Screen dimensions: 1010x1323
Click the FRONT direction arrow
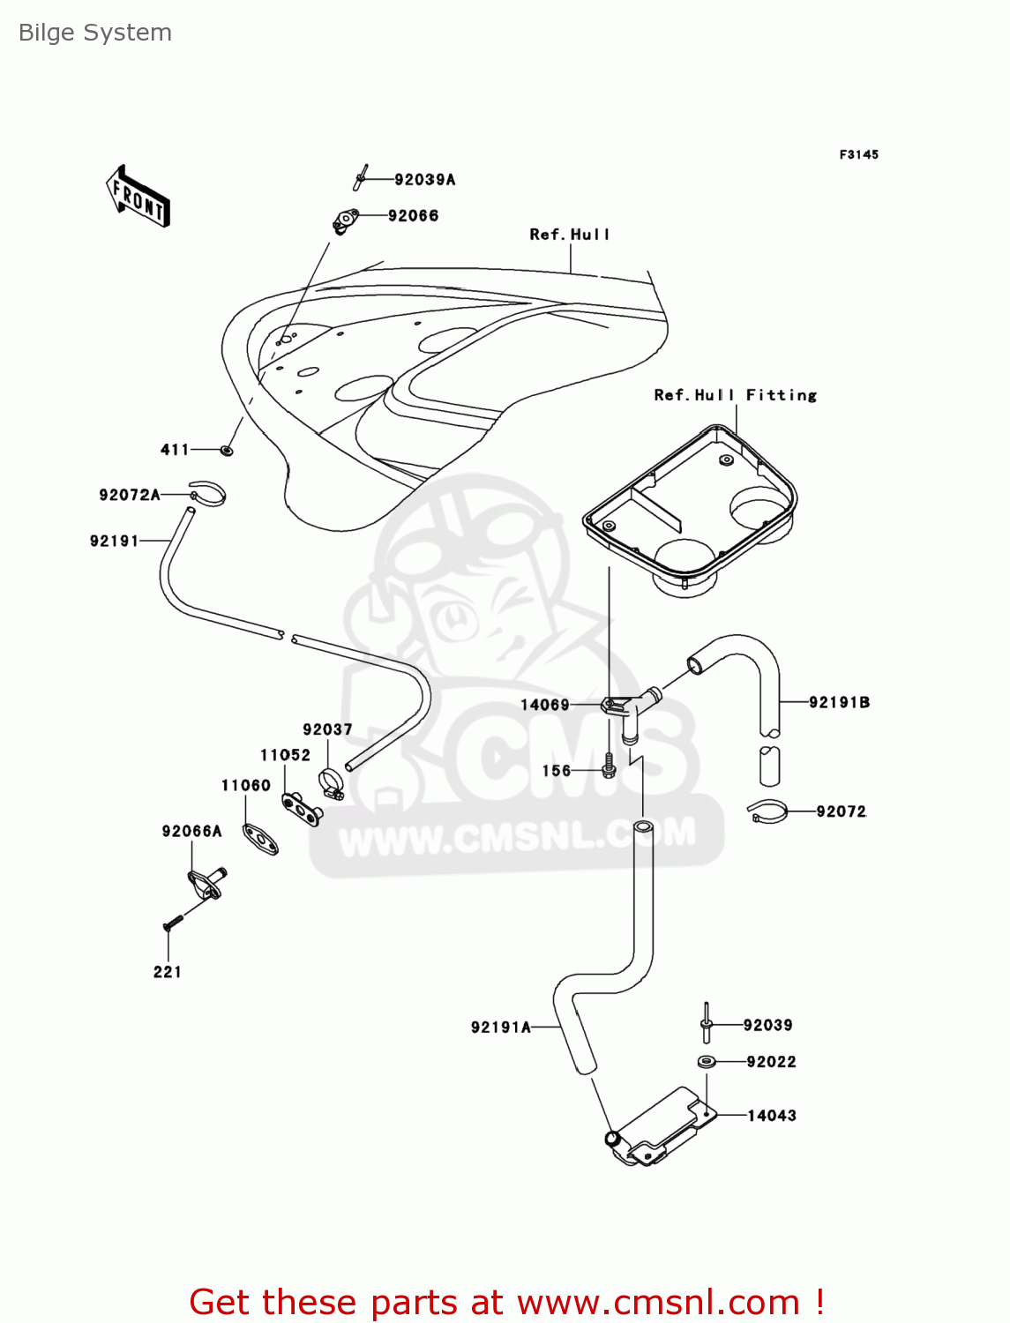pos(138,197)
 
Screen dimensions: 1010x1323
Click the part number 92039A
pos(425,180)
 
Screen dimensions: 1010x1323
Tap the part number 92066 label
pos(413,216)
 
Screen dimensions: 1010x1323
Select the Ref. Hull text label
pos(570,235)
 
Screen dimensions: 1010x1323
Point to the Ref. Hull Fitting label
pos(735,395)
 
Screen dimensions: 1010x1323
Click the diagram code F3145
pos(859,155)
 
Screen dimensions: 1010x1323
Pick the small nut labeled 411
pos(227,450)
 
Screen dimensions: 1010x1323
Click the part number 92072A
pos(130,495)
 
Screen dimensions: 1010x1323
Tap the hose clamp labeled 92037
pos(332,783)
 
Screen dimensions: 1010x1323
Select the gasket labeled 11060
pos(260,840)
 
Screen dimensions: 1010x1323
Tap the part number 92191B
pos(839,702)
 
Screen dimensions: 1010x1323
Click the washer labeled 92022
pos(707,1061)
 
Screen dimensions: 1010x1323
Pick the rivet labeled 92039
pos(707,1022)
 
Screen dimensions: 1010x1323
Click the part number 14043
pos(772,1116)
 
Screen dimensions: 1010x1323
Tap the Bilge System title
pos(95,33)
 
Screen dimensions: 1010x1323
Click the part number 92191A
pos(501,1027)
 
